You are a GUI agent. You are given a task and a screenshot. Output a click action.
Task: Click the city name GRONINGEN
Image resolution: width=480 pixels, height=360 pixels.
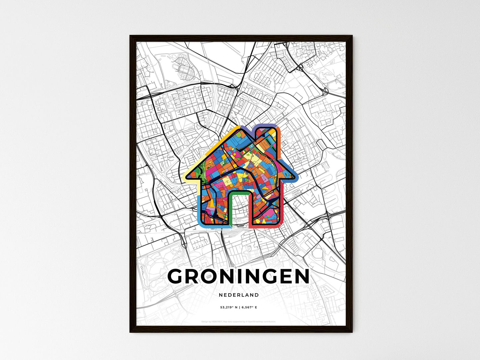239,276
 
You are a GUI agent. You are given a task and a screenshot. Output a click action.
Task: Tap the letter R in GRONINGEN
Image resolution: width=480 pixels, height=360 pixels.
193,276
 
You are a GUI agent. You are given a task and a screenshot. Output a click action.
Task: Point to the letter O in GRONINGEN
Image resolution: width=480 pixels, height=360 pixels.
211,276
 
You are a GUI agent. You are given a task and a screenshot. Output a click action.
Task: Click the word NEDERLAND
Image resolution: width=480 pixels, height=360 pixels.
239,295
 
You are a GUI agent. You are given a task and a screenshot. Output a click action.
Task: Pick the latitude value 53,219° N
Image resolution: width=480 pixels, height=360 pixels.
228,308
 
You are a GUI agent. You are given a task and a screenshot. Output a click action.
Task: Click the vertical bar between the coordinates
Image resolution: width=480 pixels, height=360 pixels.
239,308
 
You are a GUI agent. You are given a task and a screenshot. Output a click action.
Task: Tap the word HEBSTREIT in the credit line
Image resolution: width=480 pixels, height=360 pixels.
216,321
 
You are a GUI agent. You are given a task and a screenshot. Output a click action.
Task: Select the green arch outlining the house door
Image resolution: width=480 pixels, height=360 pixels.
239,192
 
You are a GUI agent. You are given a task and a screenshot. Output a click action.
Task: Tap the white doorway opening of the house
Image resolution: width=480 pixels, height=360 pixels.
239,209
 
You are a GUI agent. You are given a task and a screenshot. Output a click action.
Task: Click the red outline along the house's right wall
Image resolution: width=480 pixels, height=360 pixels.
281,206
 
